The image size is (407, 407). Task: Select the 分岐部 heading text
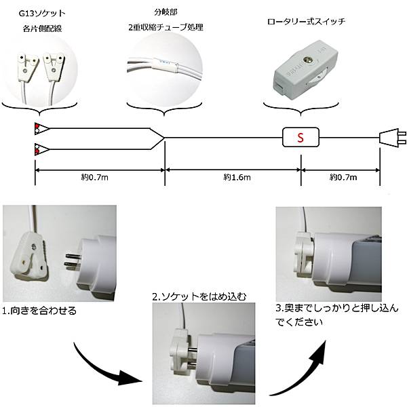pos(165,12)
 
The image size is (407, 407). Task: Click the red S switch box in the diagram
pos(299,138)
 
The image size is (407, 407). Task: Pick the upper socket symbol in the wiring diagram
pos(41,128)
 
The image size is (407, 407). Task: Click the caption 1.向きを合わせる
pos(39,311)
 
